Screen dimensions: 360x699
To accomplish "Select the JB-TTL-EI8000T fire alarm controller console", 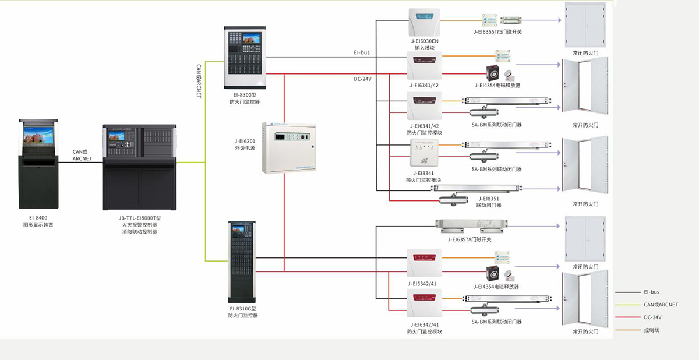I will pos(139,167).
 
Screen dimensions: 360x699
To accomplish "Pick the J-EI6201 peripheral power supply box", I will pos(288,147).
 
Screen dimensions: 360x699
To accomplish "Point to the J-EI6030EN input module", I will pos(424,23).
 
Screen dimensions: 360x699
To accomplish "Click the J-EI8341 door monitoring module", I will pos(425,153).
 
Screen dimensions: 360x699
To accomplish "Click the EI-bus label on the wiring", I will pos(361,52).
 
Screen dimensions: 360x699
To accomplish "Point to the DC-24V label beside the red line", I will pos(362,79).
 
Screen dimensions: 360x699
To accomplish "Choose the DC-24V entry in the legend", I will pos(652,317).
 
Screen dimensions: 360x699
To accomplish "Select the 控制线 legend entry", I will pos(651,330).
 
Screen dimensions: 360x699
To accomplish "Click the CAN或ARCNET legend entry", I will pos(661,305).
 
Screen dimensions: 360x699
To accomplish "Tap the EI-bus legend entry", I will pos(651,292).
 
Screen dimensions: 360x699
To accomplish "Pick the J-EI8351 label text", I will pos(489,199).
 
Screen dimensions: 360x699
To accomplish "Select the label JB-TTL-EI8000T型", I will pos(139,217).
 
